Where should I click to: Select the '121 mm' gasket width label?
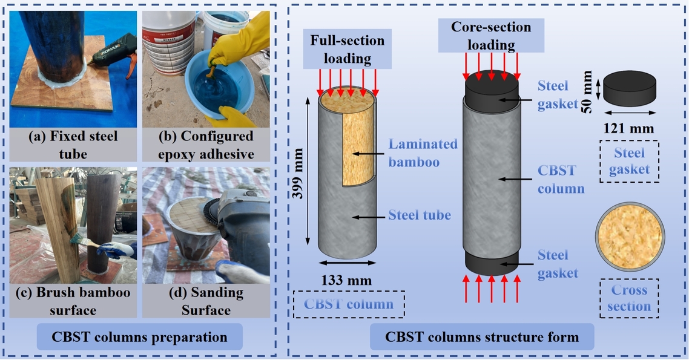pyautogui.click(x=630, y=128)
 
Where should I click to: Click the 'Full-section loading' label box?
pyautogui.click(x=348, y=50)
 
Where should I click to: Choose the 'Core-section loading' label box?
pyautogui.click(x=490, y=35)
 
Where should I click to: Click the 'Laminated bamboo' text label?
pyautogui.click(x=423, y=154)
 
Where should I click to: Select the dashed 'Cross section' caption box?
pyautogui.click(x=629, y=298)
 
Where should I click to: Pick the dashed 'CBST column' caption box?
pyautogui.click(x=348, y=304)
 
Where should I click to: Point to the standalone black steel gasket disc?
pyautogui.click(x=630, y=87)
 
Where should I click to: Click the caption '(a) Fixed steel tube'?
pyautogui.click(x=73, y=144)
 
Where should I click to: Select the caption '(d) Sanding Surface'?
pyautogui.click(x=205, y=301)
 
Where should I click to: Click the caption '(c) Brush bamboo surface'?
pyautogui.click(x=73, y=301)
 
